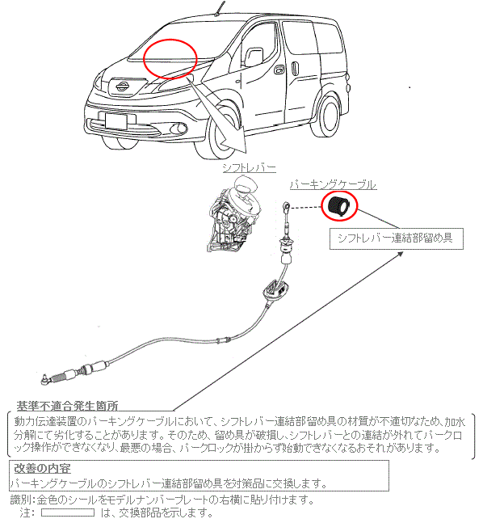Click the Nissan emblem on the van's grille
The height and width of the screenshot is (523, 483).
(x=123, y=86)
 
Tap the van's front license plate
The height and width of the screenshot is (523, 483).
(x=115, y=120)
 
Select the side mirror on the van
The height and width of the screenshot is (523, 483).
(x=254, y=57)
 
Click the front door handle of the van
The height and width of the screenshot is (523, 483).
(x=279, y=70)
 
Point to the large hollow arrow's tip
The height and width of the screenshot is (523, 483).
(x=246, y=153)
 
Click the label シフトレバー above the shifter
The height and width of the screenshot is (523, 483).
(x=250, y=168)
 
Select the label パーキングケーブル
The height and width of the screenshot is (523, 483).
(x=333, y=185)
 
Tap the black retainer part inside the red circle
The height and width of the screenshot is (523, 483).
(x=338, y=206)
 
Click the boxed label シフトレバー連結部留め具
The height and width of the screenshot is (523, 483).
(x=396, y=238)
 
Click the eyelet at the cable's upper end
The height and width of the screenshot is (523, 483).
(x=287, y=205)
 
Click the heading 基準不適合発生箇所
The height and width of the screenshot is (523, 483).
(x=68, y=406)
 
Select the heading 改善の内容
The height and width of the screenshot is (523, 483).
(x=42, y=468)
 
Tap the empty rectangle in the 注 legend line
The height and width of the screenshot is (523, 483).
(x=68, y=512)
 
